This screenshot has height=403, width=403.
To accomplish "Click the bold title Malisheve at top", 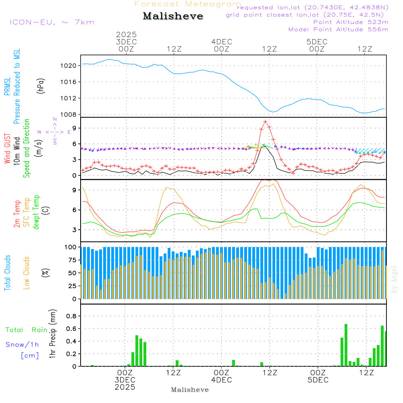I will click(173, 16).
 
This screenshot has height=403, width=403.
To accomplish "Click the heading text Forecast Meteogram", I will click(188, 4).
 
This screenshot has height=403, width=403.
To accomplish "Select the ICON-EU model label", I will click(52, 22).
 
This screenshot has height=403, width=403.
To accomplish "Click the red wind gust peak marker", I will click(266, 122).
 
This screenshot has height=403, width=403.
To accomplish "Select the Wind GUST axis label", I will click(8, 149).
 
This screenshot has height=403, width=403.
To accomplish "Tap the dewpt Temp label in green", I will click(37, 212).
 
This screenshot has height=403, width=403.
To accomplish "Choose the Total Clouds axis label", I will click(8, 273).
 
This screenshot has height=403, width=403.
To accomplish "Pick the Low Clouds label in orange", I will click(27, 273).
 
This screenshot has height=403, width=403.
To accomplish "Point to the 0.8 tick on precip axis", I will click(71, 316).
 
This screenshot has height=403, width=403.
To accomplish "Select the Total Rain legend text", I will click(27, 330).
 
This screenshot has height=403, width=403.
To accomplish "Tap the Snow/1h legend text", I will click(23, 345).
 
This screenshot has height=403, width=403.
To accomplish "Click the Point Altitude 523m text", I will click(351, 22).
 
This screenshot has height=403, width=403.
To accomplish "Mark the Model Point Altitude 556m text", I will click(339, 29).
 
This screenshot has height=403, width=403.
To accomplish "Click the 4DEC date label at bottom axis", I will click(221, 380).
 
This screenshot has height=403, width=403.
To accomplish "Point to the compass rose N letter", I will click(55, 119).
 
